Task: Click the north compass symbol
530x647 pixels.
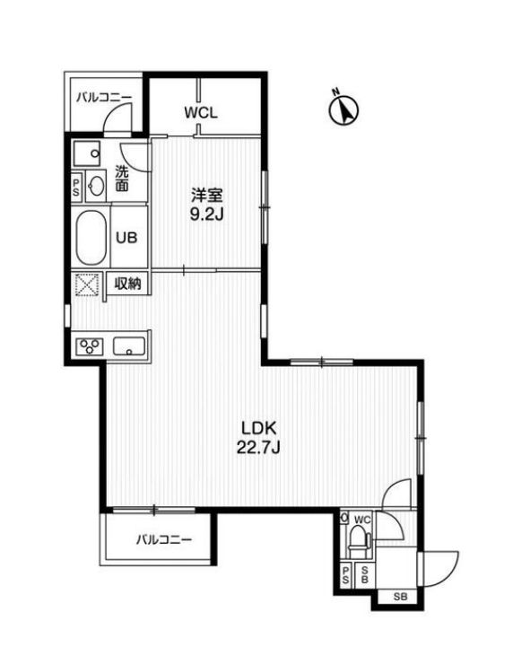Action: [342, 109]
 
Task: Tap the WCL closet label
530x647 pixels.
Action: [201, 113]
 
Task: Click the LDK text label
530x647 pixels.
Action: [259, 428]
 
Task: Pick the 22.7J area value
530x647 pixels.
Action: [259, 448]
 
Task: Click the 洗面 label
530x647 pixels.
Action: [122, 179]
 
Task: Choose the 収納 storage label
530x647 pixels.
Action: [128, 284]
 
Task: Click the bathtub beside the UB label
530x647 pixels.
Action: [90, 238]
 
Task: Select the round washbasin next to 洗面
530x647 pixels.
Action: [96, 186]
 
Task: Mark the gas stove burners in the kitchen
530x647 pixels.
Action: [90, 345]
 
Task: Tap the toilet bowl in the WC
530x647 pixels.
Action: [358, 541]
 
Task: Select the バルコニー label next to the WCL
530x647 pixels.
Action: [102, 95]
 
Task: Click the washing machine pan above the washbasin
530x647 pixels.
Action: [88, 153]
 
